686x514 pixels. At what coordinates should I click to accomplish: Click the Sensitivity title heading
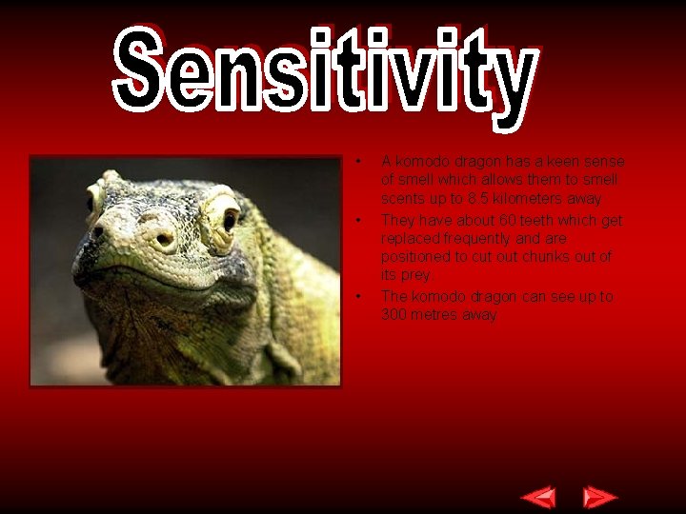click(x=324, y=71)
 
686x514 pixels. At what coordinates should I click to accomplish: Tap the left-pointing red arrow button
click(x=539, y=497)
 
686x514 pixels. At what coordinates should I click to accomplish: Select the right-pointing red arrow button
click(x=599, y=497)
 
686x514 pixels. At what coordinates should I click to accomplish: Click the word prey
click(x=415, y=275)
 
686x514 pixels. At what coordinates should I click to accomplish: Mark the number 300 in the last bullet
click(x=394, y=315)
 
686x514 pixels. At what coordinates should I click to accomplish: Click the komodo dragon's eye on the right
click(x=229, y=220)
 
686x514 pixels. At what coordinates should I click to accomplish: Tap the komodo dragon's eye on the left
click(x=94, y=200)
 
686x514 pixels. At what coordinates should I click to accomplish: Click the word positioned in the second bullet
click(x=416, y=257)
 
